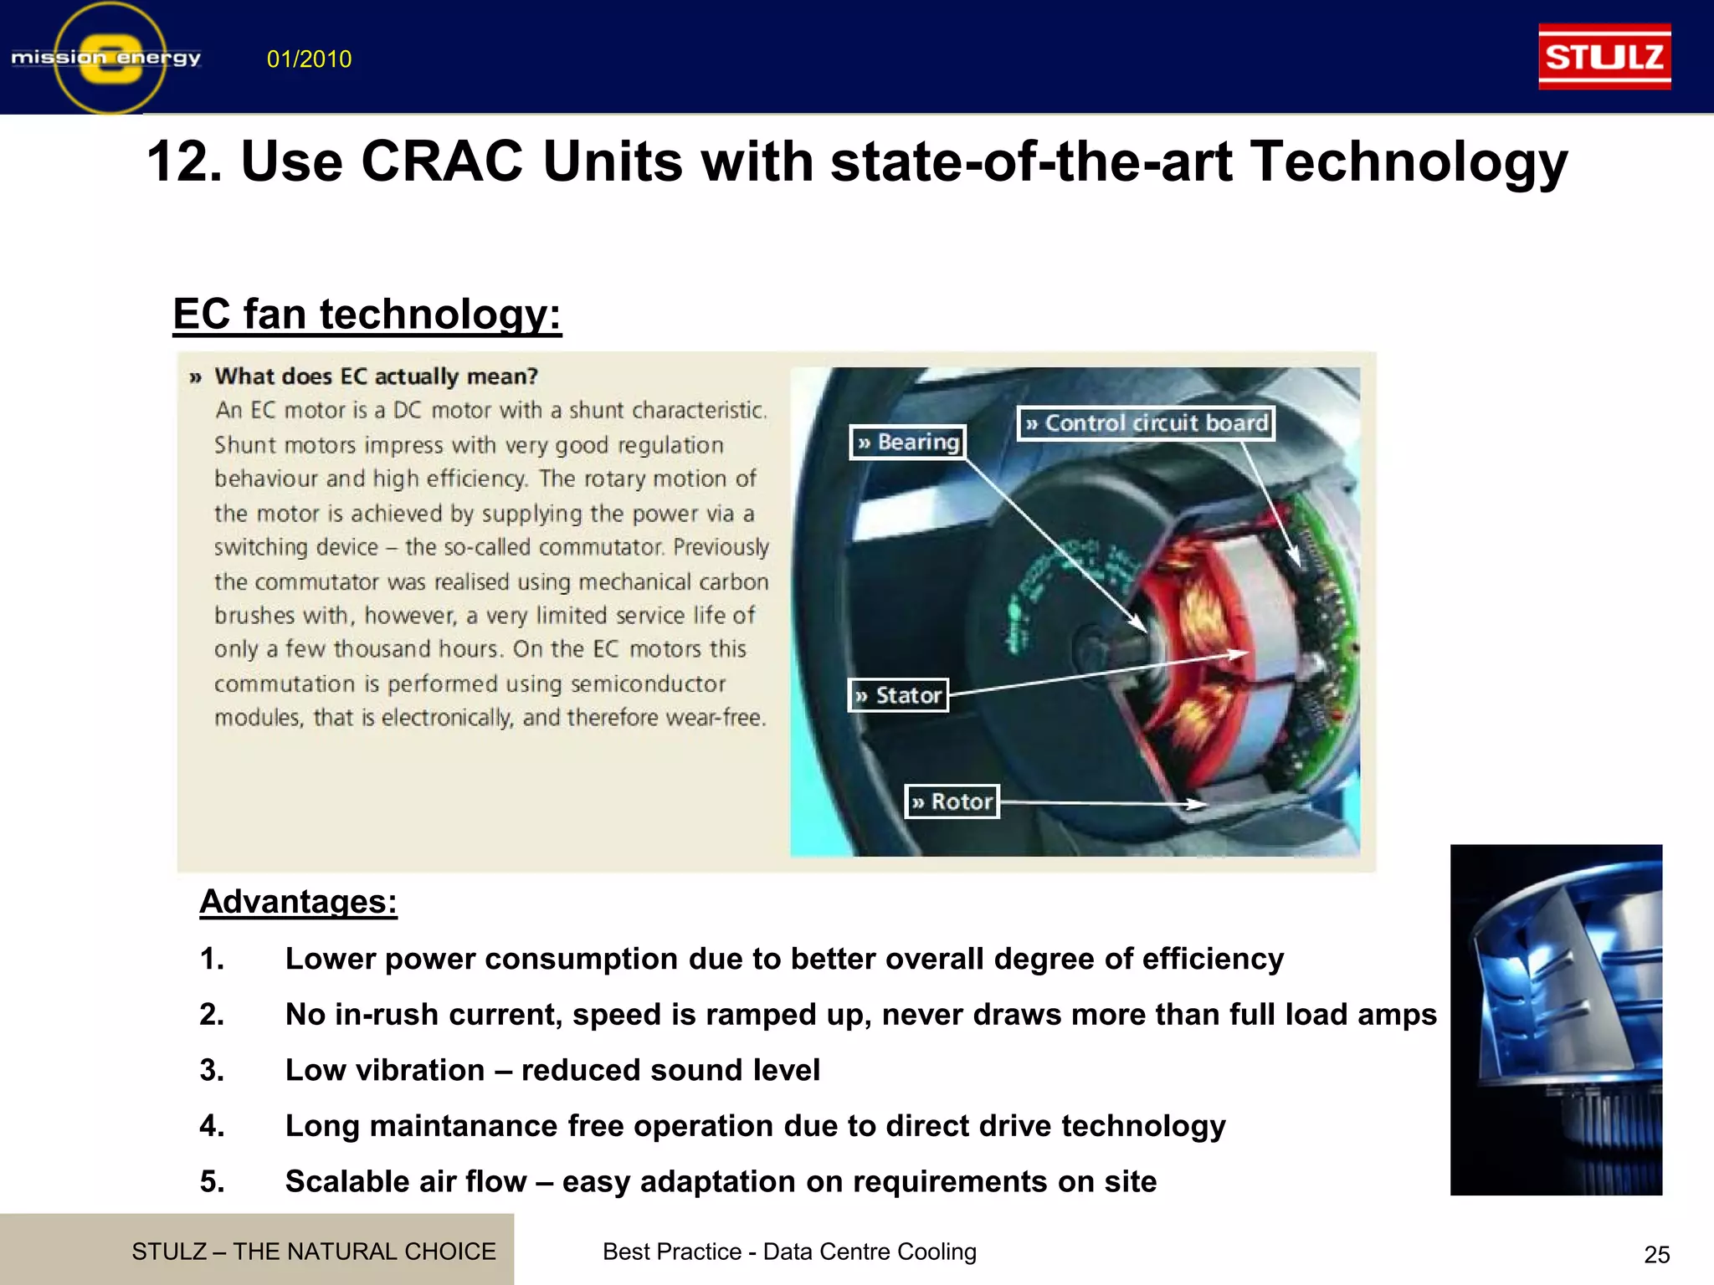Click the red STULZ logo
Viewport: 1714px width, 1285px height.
[1604, 57]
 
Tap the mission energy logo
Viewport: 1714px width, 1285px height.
[107, 58]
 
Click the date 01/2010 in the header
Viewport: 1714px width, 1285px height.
[309, 59]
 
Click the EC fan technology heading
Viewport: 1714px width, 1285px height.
[367, 315]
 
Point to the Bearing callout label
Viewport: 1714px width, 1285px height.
[908, 442]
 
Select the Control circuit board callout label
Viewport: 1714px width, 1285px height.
[1146, 423]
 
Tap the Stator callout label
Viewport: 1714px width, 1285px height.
[898, 695]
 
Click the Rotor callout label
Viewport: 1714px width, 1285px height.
[952, 801]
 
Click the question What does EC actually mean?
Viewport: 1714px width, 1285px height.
[375, 376]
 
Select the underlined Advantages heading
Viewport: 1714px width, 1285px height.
[298, 902]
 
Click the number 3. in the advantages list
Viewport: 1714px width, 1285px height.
[212, 1070]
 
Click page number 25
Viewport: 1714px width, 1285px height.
[1656, 1254]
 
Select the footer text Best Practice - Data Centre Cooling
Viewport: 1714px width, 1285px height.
[789, 1252]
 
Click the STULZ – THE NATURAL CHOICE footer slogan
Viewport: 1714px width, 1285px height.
[313, 1252]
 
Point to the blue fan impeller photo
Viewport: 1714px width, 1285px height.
[1556, 1019]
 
